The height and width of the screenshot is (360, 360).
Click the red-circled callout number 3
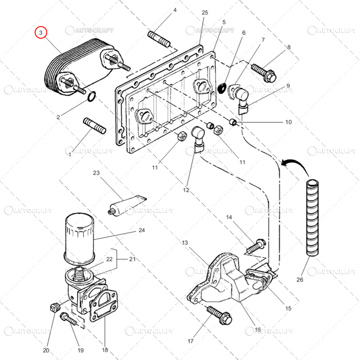(41, 32)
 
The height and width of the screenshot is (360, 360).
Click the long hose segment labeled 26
(312, 218)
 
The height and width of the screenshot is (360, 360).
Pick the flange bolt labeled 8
(263, 72)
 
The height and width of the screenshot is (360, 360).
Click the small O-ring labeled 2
(91, 96)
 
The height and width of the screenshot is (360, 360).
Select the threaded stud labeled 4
(158, 39)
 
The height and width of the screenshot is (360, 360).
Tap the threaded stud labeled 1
(94, 126)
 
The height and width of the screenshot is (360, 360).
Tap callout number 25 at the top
(205, 13)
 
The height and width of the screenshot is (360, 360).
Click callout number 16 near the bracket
(258, 330)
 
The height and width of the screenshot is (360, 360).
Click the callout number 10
(288, 122)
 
